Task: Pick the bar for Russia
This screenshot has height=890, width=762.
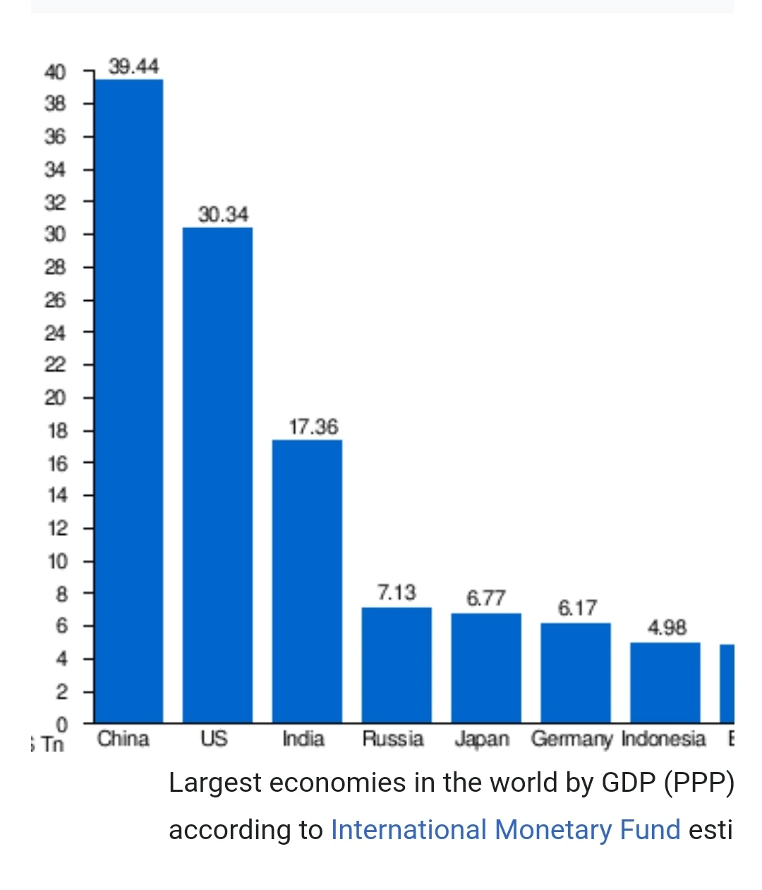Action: (x=397, y=665)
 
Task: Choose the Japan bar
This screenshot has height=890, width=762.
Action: (x=486, y=667)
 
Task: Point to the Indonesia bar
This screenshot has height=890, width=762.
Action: (x=665, y=682)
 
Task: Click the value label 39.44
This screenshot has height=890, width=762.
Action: (x=134, y=66)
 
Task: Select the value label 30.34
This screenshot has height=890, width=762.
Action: (x=223, y=214)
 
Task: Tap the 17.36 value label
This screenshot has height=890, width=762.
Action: (x=313, y=427)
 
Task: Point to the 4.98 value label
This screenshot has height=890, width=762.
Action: (x=667, y=628)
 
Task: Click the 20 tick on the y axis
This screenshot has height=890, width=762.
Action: (x=56, y=398)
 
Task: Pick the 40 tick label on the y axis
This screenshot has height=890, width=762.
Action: (x=55, y=71)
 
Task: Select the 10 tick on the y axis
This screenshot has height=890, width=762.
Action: (x=57, y=562)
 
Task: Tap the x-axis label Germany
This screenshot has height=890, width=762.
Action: (x=571, y=740)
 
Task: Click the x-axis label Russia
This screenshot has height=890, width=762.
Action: (x=392, y=739)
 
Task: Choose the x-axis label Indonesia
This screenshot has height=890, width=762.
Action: (x=663, y=739)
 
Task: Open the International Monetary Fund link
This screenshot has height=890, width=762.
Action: (x=505, y=829)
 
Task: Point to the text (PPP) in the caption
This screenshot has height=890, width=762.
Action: (x=698, y=783)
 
